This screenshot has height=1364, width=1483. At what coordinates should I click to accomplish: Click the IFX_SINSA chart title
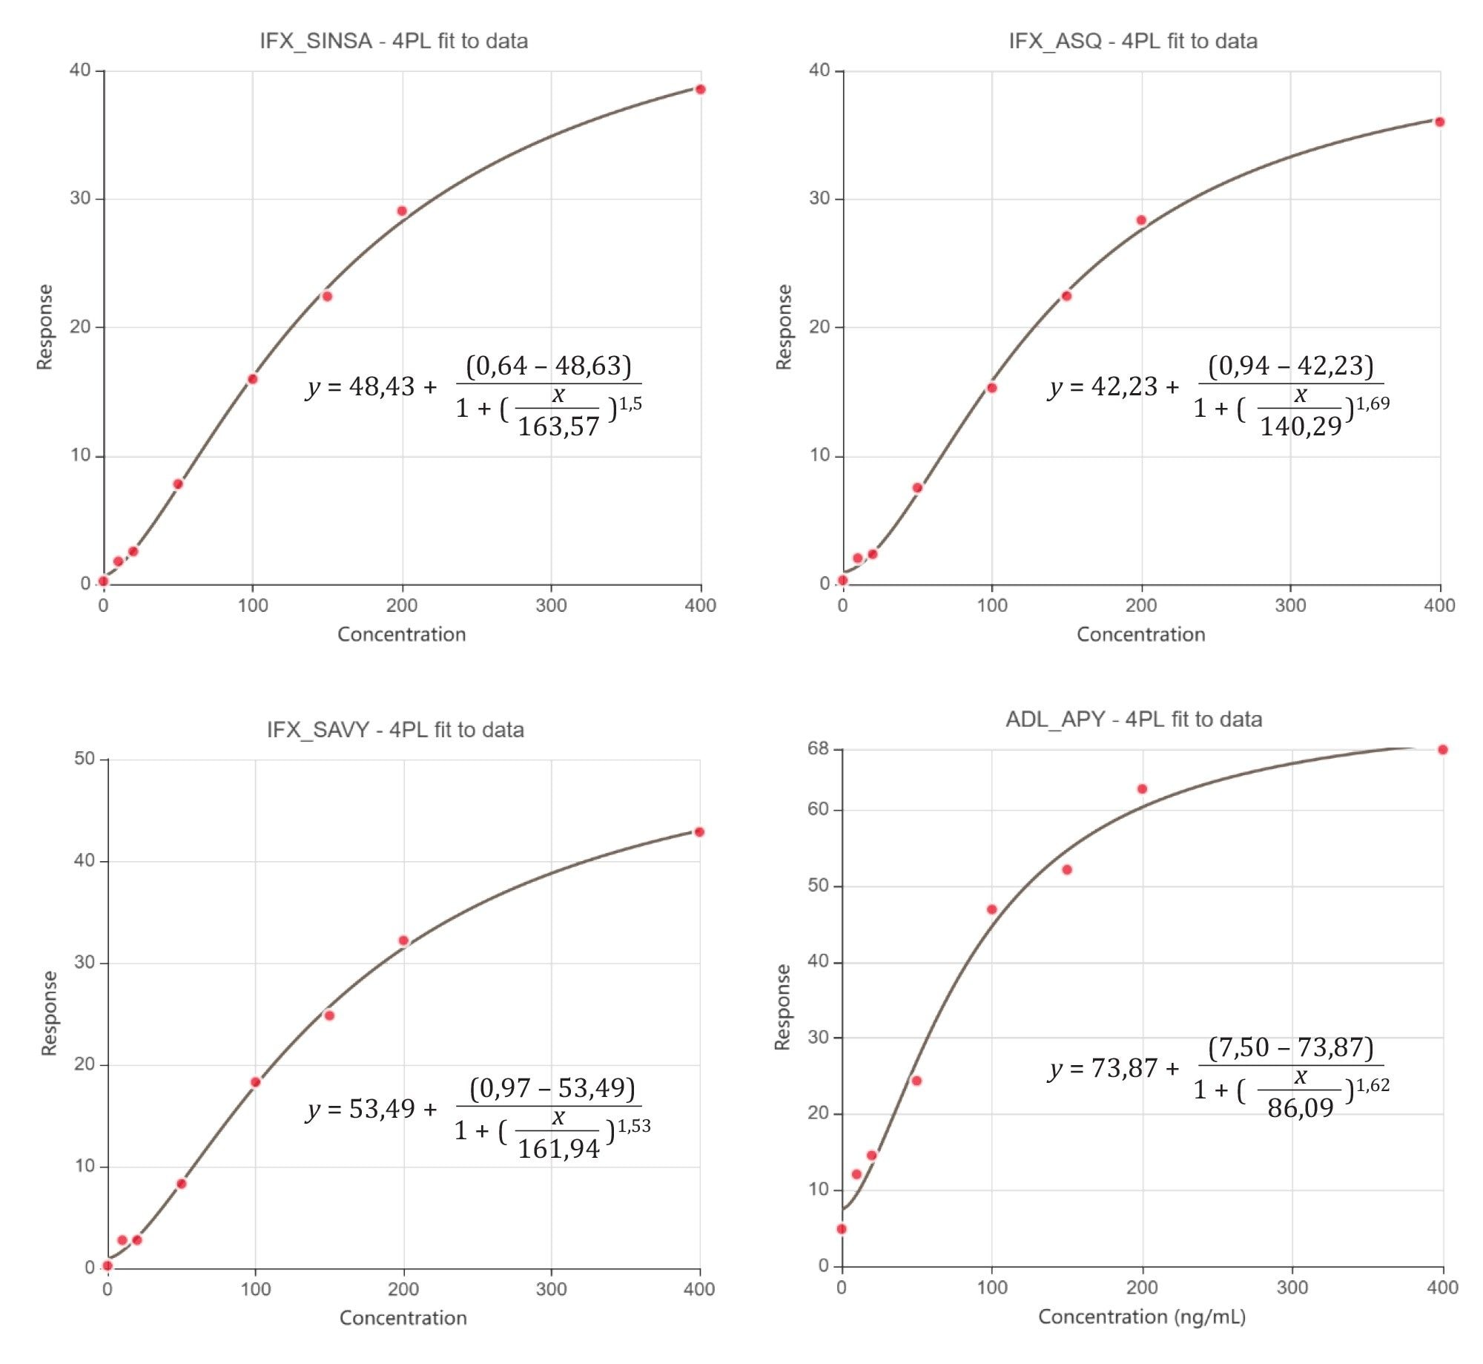[394, 41]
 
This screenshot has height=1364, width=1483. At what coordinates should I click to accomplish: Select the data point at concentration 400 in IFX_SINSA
[700, 90]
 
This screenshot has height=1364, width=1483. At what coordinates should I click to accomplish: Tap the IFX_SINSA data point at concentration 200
[402, 211]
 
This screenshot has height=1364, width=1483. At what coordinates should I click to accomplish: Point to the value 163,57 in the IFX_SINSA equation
[558, 426]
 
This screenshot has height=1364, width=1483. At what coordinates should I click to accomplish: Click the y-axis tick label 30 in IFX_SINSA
[80, 199]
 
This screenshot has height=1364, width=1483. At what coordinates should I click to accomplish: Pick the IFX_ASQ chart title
[1132, 41]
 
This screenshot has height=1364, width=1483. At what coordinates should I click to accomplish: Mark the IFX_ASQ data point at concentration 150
[1066, 297]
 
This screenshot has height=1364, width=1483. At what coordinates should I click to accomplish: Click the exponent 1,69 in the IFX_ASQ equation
[1373, 403]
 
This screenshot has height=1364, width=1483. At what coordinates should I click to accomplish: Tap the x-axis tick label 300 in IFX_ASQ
[1290, 606]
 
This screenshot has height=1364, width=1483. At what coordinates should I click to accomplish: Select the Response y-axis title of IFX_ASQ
[784, 327]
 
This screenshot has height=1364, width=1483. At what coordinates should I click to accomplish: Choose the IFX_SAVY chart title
[395, 730]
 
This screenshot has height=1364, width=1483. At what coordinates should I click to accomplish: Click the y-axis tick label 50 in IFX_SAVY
[85, 759]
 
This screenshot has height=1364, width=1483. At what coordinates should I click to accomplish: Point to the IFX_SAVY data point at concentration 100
[255, 1082]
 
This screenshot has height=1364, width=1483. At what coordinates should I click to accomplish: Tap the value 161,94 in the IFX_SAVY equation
[558, 1149]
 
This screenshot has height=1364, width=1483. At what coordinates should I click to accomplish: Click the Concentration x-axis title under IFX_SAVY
[403, 1318]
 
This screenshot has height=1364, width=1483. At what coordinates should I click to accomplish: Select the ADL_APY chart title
[1133, 719]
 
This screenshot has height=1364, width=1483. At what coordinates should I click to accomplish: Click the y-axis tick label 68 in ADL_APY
[818, 749]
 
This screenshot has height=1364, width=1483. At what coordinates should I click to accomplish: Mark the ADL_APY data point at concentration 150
[1067, 870]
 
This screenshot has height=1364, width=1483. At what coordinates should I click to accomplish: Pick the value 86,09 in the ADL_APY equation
[1300, 1108]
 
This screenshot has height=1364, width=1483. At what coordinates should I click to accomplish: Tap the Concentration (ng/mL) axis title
[1141, 1317]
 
